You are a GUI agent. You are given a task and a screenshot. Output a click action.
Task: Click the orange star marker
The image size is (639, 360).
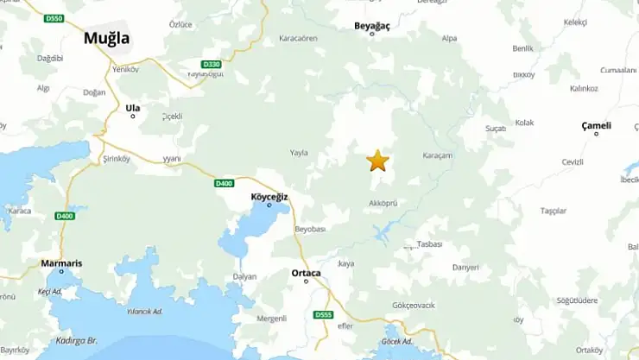click(377, 161)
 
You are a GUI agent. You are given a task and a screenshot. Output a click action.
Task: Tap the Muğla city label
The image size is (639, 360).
click(106, 38)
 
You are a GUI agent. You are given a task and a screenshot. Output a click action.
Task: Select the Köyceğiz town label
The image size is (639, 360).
click(268, 196)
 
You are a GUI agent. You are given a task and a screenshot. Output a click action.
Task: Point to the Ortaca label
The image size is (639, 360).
click(306, 273)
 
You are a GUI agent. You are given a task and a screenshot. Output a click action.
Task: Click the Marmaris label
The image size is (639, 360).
click(61, 263)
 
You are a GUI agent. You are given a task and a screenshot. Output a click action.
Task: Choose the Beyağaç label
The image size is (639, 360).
click(372, 26)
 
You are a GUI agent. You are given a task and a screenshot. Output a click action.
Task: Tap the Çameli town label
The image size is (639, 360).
click(596, 125)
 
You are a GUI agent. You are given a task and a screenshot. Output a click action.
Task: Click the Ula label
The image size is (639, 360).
click(132, 108)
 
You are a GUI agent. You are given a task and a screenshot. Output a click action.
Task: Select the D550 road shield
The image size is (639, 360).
click(54, 18)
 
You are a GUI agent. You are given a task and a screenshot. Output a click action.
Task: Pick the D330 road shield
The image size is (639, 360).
click(211, 64)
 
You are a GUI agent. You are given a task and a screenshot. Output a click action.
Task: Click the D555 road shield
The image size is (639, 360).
click(323, 314)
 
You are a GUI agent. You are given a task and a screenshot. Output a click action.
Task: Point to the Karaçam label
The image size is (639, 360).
click(438, 155)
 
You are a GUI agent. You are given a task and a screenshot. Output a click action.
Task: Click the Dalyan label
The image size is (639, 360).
click(244, 276)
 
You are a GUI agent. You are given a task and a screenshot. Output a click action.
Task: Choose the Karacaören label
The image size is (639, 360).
click(298, 39)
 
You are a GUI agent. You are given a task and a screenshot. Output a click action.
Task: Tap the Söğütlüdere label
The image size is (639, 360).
click(578, 300)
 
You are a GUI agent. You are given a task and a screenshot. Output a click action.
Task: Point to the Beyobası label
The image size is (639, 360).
click(310, 229)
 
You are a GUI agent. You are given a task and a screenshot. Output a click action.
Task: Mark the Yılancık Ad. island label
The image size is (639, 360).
click(144, 312)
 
